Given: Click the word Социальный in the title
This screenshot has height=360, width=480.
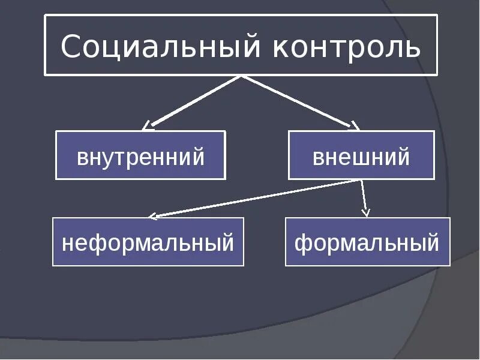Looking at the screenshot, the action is click(161, 46).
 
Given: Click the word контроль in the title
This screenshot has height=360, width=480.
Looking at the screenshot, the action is click(346, 46).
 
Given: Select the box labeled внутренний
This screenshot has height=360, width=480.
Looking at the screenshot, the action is click(140, 156).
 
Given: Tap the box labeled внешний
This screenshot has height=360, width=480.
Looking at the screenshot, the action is click(361, 156).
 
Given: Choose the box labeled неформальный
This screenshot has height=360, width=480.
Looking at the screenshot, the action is click(148, 242).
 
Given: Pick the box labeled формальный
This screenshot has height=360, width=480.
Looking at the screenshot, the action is click(367, 242).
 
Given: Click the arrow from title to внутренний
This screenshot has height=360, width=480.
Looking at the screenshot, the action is click(192, 101).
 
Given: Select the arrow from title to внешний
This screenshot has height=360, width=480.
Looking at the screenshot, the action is click(295, 101).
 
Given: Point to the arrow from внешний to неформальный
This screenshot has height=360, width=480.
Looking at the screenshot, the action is click(258, 198).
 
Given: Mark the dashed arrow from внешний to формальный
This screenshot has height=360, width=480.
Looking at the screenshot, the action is click(364, 197).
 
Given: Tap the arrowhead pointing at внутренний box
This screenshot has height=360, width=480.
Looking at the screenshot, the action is click(146, 126).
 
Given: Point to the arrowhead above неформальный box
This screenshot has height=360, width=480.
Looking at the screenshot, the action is click(152, 215).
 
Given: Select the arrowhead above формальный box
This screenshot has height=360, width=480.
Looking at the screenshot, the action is click(366, 212).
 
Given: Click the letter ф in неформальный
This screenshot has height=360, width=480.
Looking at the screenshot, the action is click(98, 244).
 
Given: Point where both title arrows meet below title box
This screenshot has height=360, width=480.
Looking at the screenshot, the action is click(241, 77).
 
